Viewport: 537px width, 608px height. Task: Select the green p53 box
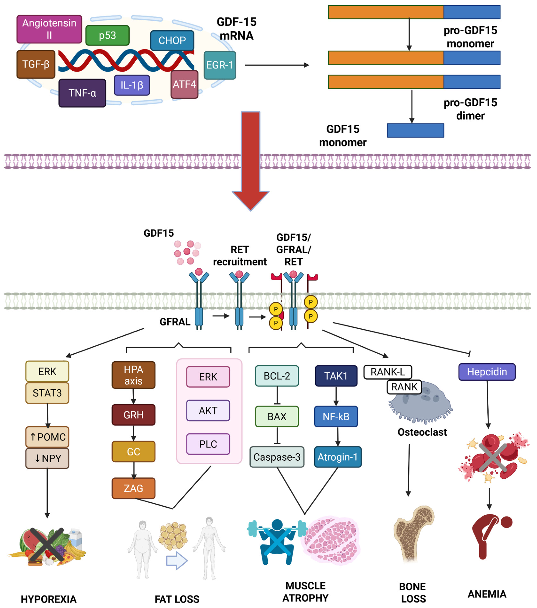tap(107, 35)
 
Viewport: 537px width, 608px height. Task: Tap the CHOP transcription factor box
tap(172, 40)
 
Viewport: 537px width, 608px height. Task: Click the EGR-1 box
tap(220, 65)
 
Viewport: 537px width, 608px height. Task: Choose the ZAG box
tap(133, 488)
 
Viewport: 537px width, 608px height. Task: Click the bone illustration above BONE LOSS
tap(413, 533)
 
